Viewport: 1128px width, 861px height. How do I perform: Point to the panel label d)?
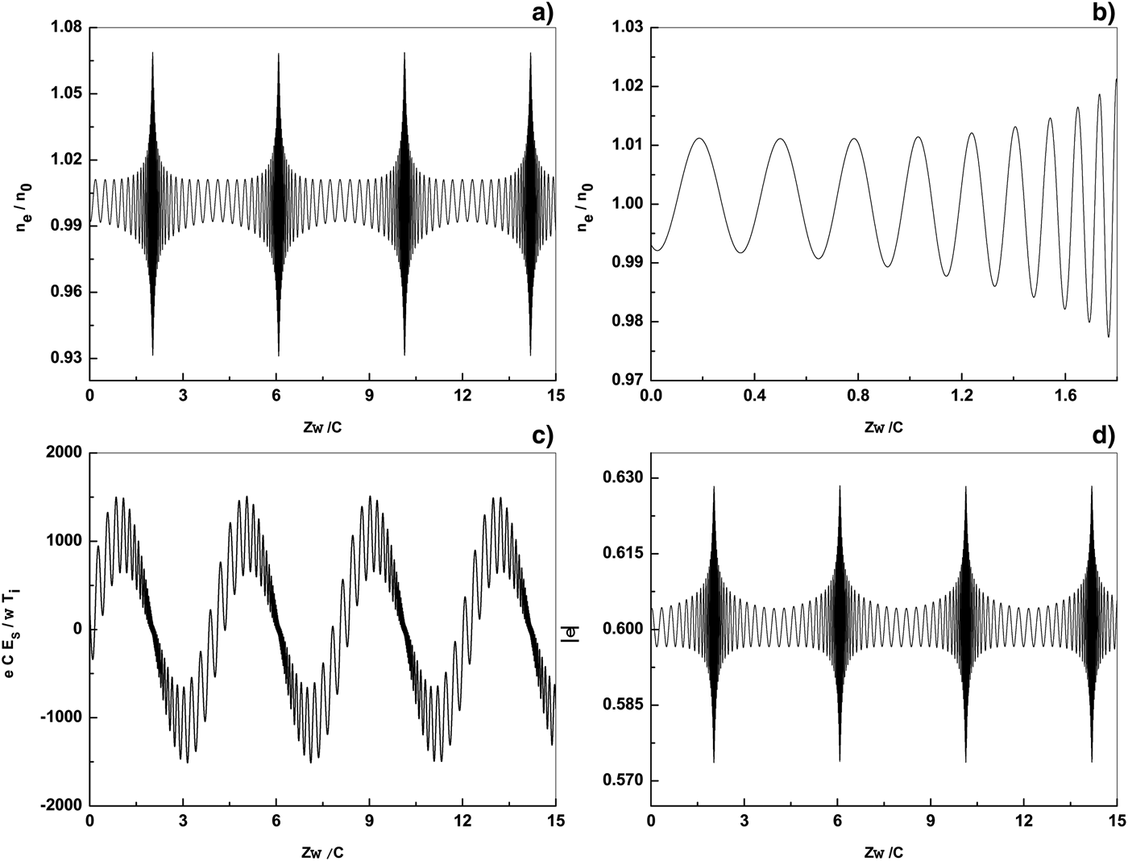coord(1102,436)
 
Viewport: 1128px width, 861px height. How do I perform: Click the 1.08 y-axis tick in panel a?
coord(65,27)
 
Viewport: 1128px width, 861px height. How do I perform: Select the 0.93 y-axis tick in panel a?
coord(65,358)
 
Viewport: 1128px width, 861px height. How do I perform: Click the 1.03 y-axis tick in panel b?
coord(626,27)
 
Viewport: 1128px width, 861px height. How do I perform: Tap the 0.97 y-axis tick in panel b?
coord(626,380)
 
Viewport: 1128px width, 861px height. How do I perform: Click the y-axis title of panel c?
coord(19,629)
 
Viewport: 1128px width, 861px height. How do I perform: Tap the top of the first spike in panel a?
coord(152,53)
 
